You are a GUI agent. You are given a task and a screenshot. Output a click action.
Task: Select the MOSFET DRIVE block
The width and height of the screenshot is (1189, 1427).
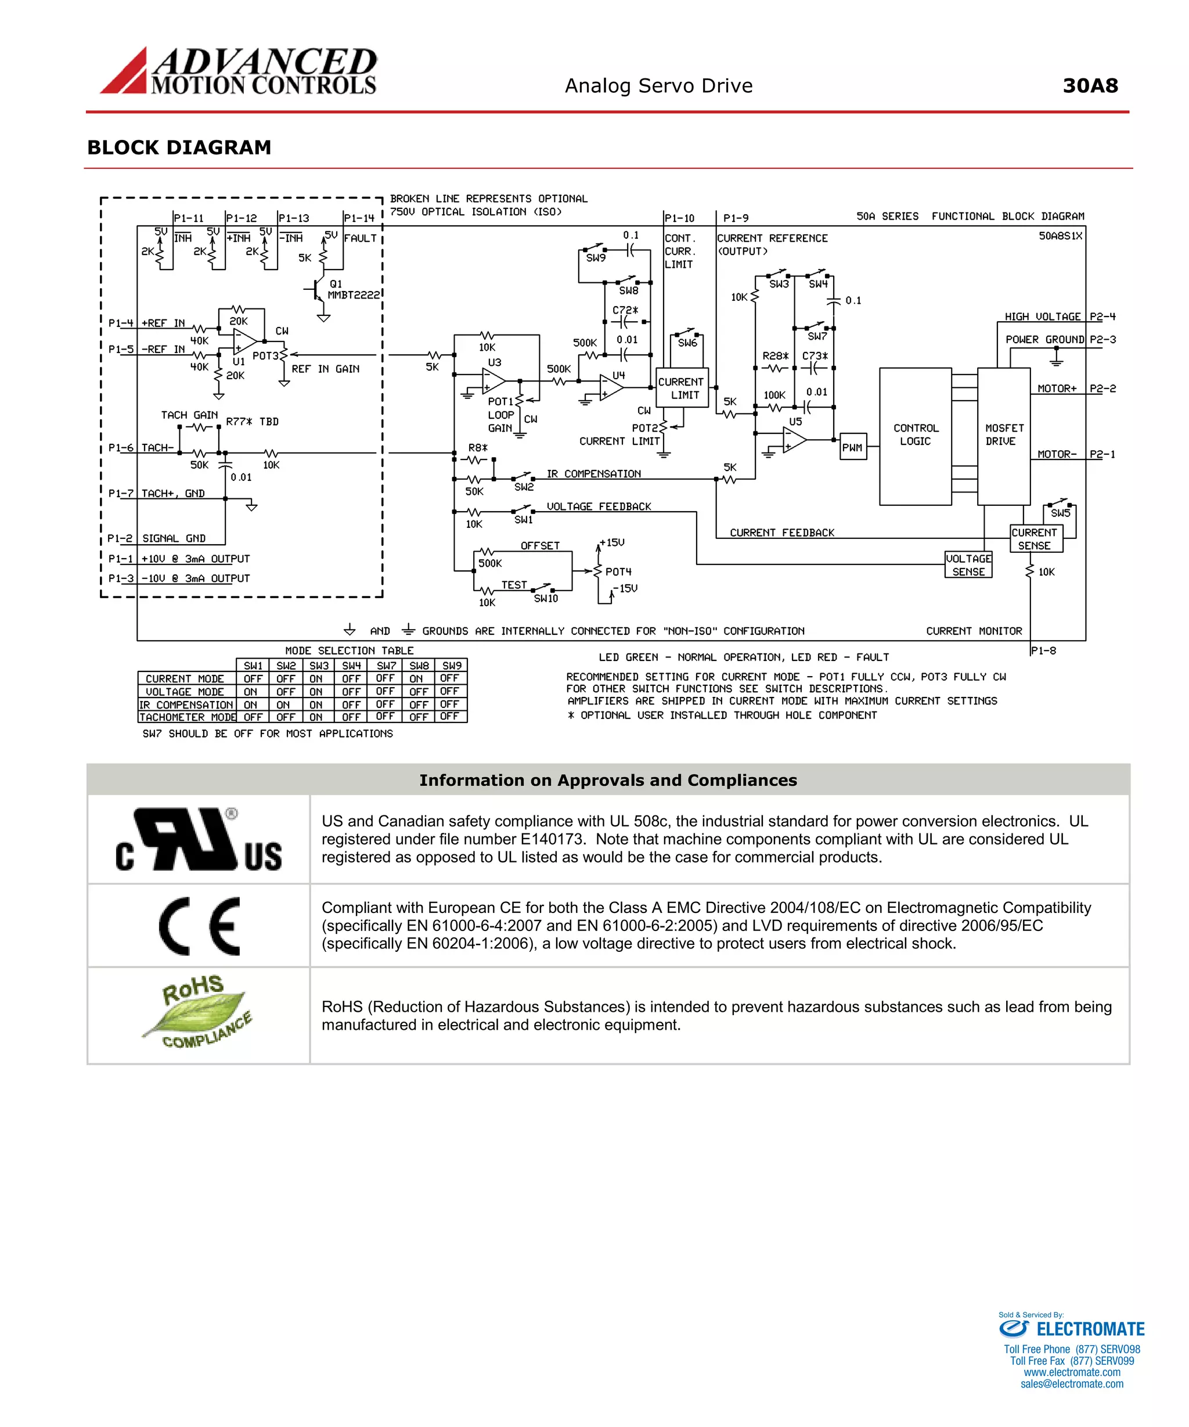tap(1004, 436)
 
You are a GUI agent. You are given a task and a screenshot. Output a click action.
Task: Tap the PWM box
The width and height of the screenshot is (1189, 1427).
tap(853, 447)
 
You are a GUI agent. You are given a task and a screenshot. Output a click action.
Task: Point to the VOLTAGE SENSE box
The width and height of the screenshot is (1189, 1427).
tap(968, 565)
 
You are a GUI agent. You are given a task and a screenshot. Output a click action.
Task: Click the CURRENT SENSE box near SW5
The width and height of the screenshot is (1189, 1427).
tap(1035, 539)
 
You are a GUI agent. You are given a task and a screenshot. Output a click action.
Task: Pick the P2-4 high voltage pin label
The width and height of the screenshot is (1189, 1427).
tap(1102, 317)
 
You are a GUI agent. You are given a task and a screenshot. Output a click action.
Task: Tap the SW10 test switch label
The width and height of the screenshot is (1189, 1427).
tap(546, 599)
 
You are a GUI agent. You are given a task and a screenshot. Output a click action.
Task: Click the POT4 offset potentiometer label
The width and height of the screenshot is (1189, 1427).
tap(618, 571)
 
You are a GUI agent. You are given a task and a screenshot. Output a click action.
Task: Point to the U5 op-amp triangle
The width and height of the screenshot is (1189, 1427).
tap(793, 440)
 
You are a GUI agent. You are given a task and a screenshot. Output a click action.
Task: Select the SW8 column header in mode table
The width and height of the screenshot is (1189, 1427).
tap(419, 666)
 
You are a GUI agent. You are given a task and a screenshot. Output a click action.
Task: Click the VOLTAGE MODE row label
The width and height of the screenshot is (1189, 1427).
tap(185, 692)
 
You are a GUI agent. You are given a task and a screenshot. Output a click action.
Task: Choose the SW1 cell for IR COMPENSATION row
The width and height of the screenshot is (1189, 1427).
tap(251, 704)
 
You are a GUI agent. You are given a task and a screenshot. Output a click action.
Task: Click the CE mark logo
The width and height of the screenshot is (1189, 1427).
tap(199, 926)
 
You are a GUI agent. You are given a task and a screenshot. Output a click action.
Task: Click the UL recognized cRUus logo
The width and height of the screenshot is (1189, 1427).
tap(199, 840)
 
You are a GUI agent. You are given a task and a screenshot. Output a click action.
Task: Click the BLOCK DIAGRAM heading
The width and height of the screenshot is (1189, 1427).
tap(179, 148)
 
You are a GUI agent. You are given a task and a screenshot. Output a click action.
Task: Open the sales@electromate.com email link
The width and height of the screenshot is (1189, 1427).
tap(1072, 1383)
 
